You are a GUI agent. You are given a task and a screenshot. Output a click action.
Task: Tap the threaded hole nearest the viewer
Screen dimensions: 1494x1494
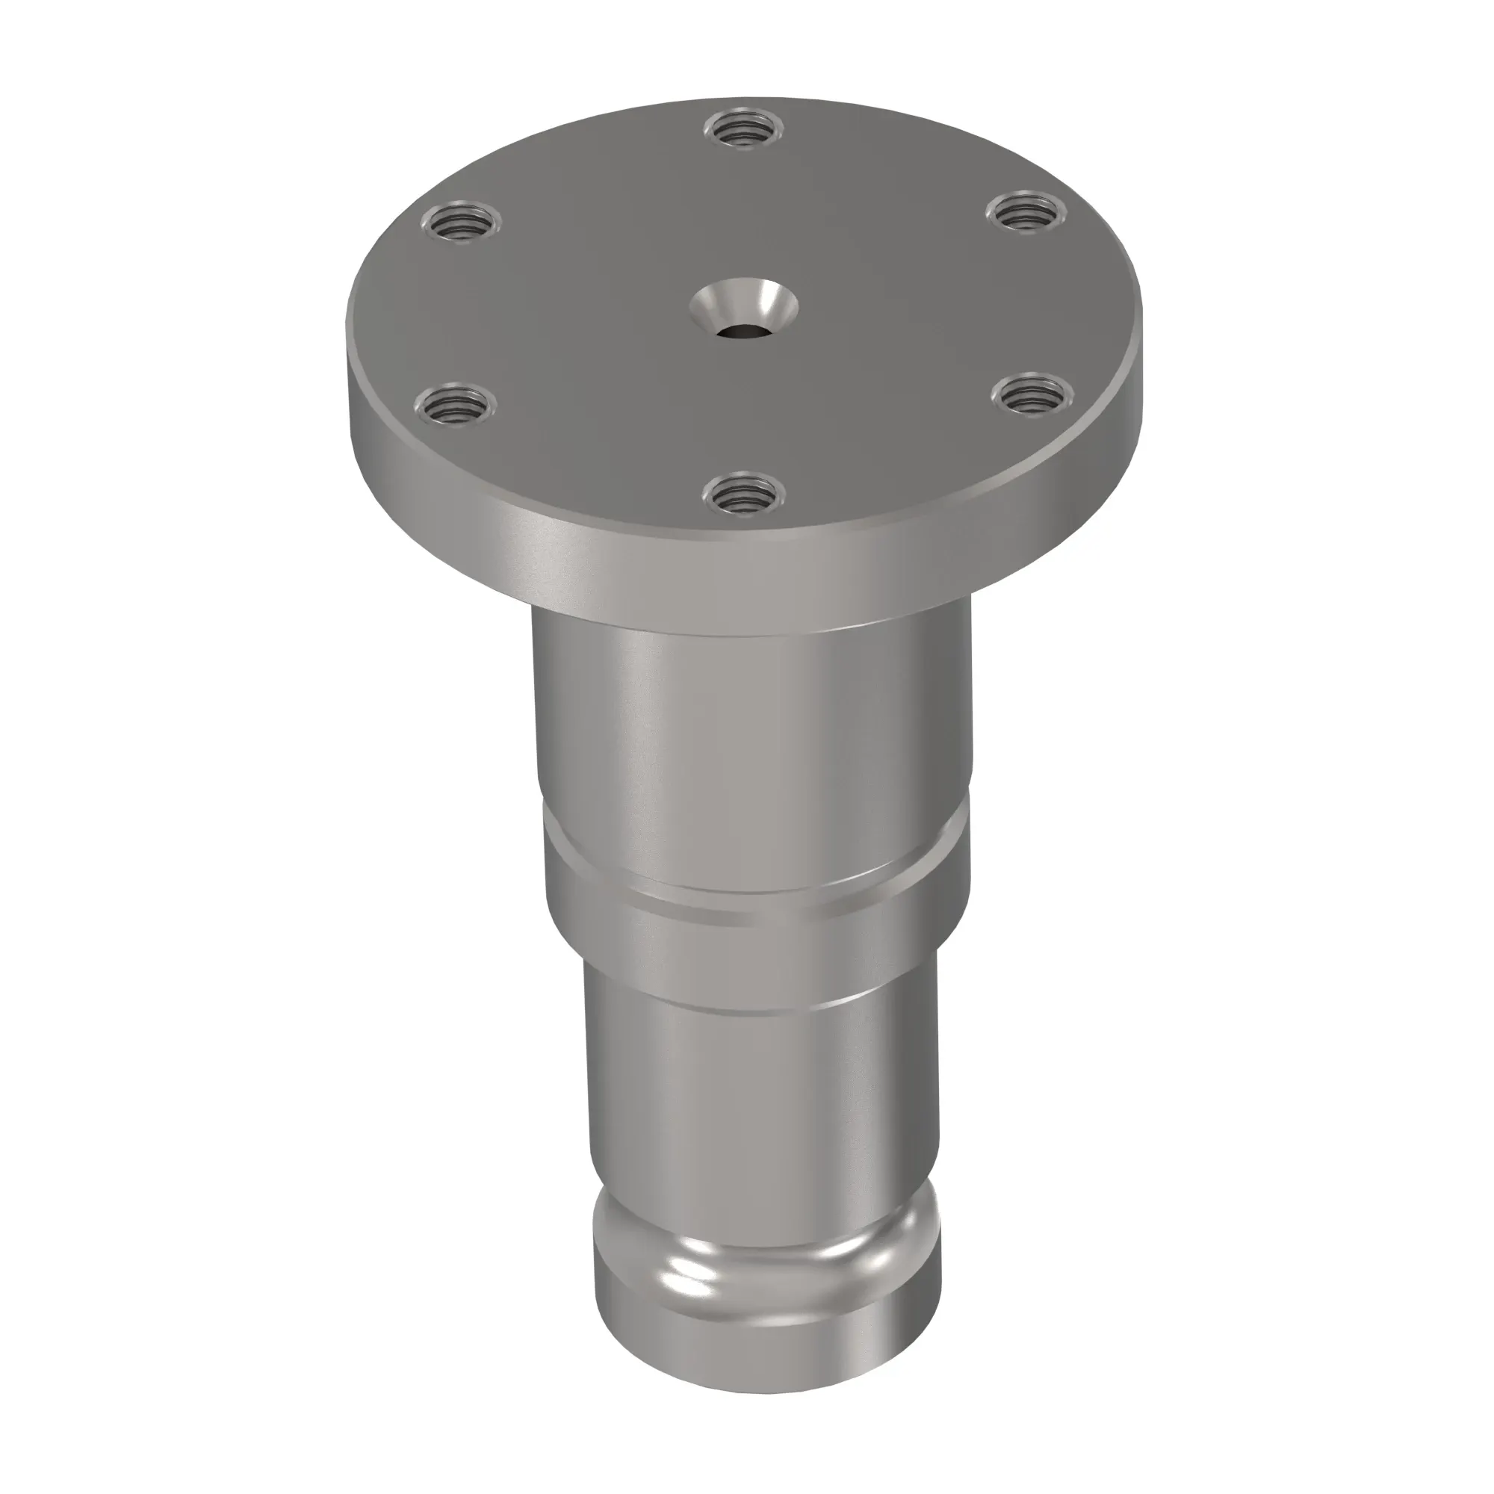pos(743,492)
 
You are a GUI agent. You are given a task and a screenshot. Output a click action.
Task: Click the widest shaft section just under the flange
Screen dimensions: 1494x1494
pos(750,719)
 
